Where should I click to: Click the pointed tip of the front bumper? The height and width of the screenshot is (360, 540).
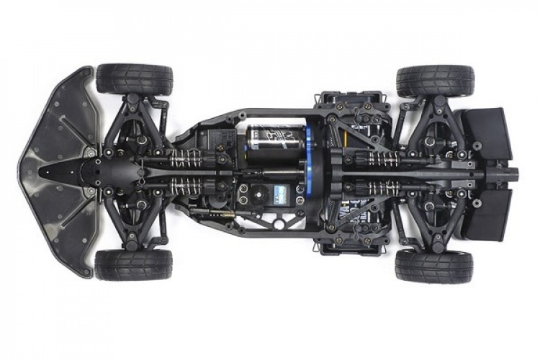tap(21, 171)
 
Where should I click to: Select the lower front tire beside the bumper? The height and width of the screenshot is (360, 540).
tap(135, 265)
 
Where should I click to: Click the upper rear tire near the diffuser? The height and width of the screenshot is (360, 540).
tap(435, 81)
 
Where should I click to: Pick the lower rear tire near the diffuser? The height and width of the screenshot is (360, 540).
tap(435, 266)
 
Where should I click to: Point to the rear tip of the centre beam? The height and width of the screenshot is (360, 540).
tap(515, 173)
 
